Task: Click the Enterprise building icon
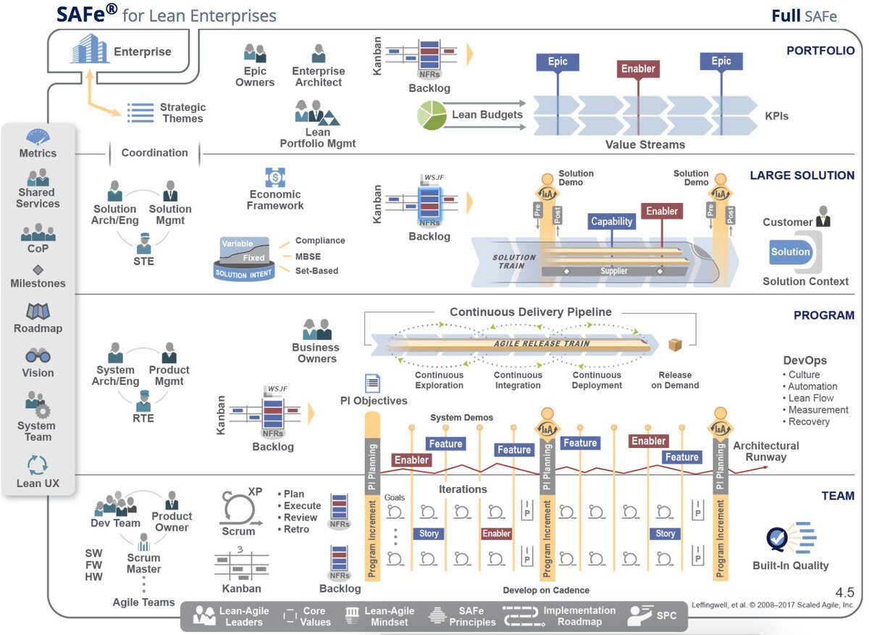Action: click(x=89, y=51)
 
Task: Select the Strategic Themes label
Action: click(x=182, y=113)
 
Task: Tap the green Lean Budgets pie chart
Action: click(x=432, y=115)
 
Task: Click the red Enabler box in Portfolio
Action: click(x=638, y=69)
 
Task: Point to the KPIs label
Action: click(x=776, y=116)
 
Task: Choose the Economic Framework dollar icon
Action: click(x=275, y=176)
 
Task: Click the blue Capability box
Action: click(x=612, y=222)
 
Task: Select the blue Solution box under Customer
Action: click(x=790, y=252)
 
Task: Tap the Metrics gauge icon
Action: click(x=38, y=136)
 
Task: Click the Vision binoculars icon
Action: click(x=38, y=356)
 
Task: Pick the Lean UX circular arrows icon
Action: click(x=38, y=465)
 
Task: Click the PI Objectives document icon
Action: click(x=373, y=383)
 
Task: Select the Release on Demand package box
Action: click(x=676, y=346)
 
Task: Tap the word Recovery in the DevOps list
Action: click(x=810, y=422)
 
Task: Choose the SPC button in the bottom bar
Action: click(x=653, y=616)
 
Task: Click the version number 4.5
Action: click(x=844, y=592)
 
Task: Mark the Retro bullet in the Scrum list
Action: click(x=296, y=529)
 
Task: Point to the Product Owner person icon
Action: click(x=172, y=500)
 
